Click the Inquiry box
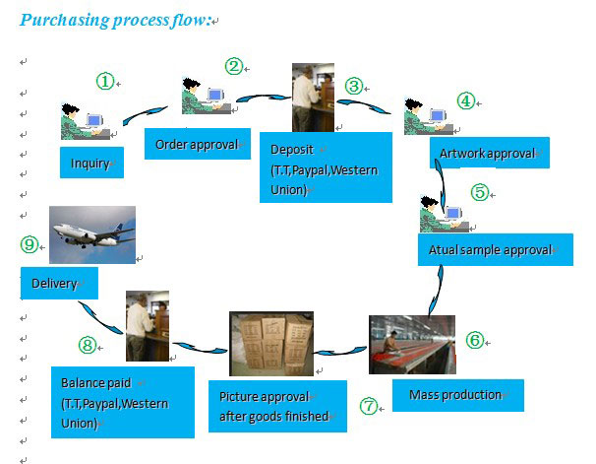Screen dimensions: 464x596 (91, 163)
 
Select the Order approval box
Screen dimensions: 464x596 (197, 145)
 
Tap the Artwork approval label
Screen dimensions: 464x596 (488, 154)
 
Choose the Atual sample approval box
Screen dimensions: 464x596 (494, 249)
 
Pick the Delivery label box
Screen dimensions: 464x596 (58, 284)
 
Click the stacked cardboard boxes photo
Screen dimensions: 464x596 (270, 344)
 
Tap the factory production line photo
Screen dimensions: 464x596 (412, 345)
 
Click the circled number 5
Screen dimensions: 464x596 (479, 192)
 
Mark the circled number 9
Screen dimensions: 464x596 (30, 244)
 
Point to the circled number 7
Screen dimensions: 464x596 (369, 406)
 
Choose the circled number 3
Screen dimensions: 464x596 (354, 86)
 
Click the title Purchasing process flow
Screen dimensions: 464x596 (116, 20)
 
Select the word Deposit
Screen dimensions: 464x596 (291, 150)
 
